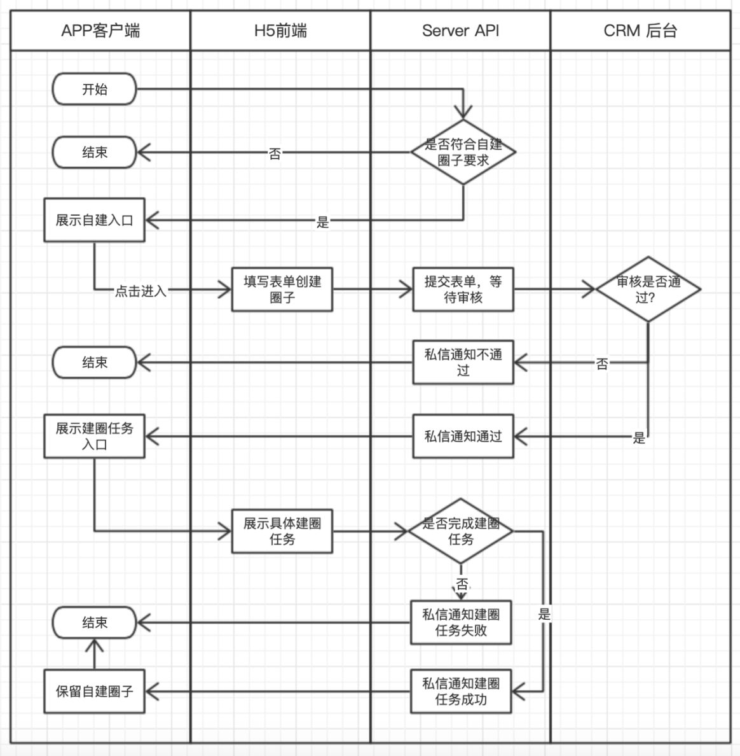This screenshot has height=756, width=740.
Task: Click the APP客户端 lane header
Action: point(100,31)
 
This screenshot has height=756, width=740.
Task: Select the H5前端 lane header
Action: point(280,31)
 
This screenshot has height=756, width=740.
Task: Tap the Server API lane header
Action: point(460,31)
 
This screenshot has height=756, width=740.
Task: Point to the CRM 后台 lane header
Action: point(640,31)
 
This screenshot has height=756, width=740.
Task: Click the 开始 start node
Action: point(94,89)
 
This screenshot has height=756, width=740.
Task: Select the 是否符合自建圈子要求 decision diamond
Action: point(463,152)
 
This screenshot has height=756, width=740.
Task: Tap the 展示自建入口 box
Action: point(94,220)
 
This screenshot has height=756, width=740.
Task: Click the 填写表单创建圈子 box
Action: point(282,290)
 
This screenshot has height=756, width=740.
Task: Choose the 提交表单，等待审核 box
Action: point(463,290)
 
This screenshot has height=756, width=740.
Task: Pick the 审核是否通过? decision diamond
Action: point(648,289)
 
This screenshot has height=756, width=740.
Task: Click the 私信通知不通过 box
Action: point(463,363)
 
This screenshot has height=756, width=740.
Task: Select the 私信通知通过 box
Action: point(463,437)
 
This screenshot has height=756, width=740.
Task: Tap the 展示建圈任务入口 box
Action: point(94,437)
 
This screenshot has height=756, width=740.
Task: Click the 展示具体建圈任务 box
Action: point(282,531)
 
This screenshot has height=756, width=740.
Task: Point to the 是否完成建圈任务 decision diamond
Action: point(460,531)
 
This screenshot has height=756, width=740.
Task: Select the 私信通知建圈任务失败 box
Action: point(461,622)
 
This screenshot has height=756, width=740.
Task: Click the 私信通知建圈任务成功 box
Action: point(461,691)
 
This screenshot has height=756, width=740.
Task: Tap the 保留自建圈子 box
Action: point(94,691)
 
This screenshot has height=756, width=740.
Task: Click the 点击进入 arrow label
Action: point(140,291)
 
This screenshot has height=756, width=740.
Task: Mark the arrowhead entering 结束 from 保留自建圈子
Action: point(94,645)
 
